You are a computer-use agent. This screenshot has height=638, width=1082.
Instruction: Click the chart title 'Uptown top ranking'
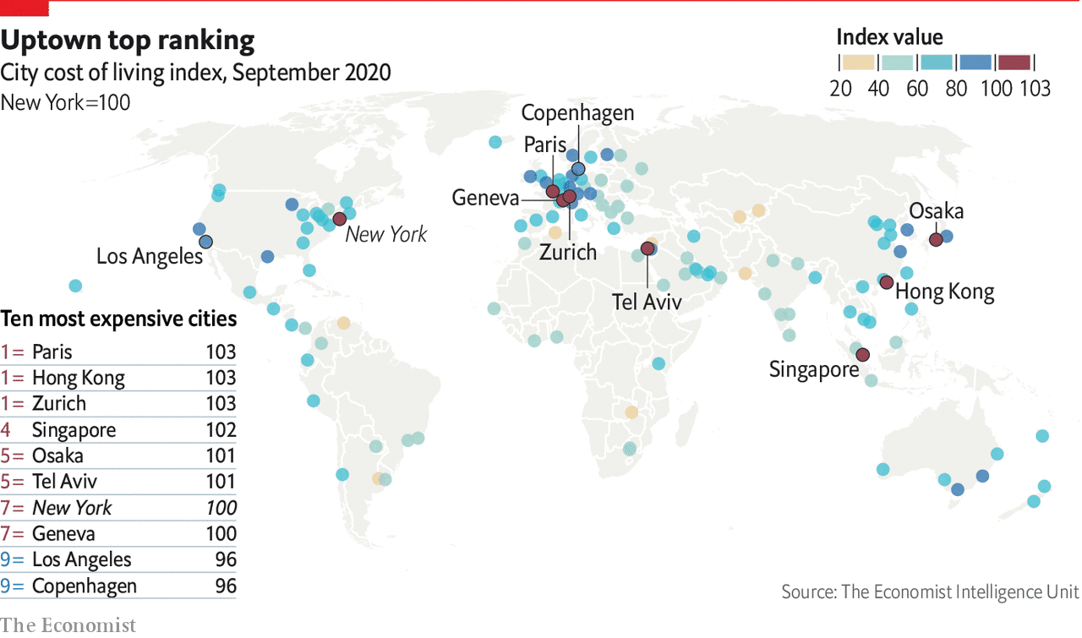click(128, 41)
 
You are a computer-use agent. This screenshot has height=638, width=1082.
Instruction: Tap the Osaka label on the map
click(936, 211)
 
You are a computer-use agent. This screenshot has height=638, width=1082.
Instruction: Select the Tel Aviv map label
click(647, 301)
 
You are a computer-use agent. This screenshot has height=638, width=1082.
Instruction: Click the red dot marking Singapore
click(862, 355)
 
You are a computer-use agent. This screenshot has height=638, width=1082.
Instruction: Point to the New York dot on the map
click(339, 219)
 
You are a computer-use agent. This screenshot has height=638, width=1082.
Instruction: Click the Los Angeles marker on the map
click(205, 241)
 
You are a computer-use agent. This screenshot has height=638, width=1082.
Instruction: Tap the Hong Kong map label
click(944, 292)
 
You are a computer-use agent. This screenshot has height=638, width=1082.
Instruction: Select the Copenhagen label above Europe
click(577, 112)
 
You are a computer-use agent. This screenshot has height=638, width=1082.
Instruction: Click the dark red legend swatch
click(1014, 63)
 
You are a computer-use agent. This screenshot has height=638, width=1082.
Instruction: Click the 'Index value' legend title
click(889, 37)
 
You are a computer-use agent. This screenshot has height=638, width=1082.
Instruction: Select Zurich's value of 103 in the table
click(221, 404)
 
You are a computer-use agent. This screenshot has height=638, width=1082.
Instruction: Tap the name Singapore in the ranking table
click(74, 430)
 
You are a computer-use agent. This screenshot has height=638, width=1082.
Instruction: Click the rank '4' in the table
click(6, 430)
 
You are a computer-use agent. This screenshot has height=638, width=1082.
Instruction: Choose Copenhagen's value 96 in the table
click(225, 586)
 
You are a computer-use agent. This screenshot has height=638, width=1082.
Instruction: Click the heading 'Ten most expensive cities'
click(118, 319)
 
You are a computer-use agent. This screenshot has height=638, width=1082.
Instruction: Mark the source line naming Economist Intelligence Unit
click(930, 592)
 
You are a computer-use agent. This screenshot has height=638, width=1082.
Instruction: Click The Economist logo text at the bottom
click(68, 625)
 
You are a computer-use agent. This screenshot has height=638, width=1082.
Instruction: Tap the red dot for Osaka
click(936, 240)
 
